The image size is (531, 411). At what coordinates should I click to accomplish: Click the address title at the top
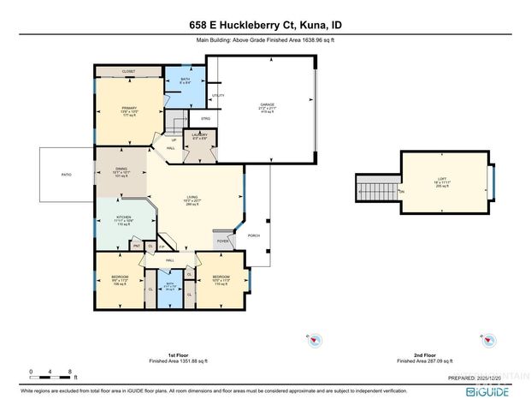coord(265,26)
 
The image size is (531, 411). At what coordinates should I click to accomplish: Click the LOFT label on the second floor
coord(441,179)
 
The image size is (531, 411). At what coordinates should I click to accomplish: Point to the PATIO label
coord(66,175)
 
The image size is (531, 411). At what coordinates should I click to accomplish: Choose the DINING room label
coord(121,170)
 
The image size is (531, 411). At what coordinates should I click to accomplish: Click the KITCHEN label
coord(123,217)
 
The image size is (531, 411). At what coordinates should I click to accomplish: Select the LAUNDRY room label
coord(199,135)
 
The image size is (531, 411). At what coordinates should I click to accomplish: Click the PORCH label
coord(253,235)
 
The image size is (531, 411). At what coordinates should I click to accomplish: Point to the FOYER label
coord(222,241)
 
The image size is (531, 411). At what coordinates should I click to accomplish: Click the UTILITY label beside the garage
coord(217,95)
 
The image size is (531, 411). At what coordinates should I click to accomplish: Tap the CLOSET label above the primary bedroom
coord(129,72)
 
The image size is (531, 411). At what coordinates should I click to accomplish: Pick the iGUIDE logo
coord(487,391)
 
